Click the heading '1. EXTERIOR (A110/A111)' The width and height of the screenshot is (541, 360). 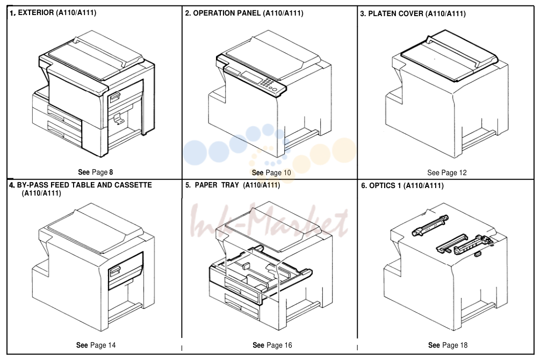[x=53, y=13]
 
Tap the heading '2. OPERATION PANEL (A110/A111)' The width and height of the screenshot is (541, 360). [x=244, y=13]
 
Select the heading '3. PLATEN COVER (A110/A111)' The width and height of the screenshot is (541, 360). [x=413, y=14]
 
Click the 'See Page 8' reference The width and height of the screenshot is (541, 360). [x=95, y=172]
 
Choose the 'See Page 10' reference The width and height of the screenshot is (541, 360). [x=271, y=172]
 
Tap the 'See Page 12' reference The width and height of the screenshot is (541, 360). [x=447, y=172]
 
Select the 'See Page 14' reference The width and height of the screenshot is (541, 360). [x=96, y=345]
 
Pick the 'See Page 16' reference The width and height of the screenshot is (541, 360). [x=272, y=345]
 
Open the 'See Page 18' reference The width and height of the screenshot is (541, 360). [x=448, y=345]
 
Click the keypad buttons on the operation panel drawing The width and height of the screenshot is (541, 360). [x=268, y=83]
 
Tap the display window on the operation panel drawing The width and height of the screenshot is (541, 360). [x=251, y=77]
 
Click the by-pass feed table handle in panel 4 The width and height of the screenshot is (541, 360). [x=114, y=271]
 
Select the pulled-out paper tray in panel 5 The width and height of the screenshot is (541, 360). [x=261, y=271]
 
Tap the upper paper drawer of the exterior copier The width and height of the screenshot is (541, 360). [x=64, y=114]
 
